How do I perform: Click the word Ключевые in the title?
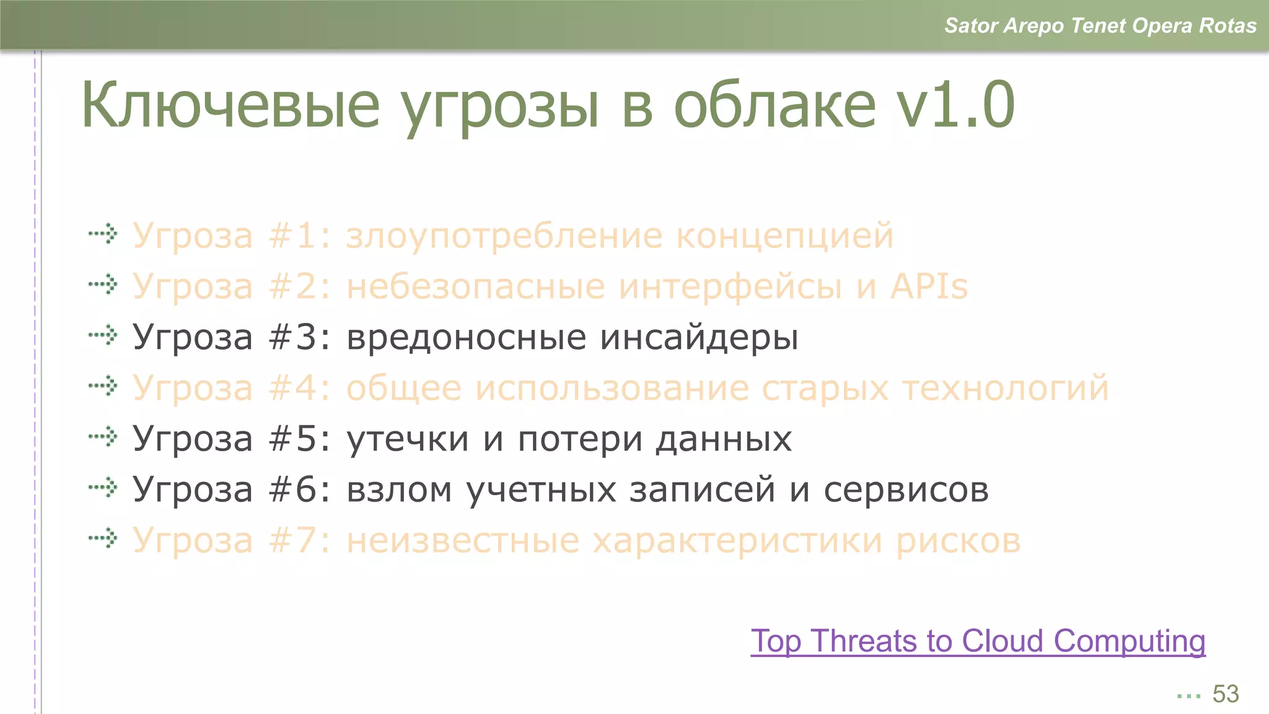pyautogui.click(x=230, y=105)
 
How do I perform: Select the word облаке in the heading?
pyautogui.click(x=775, y=105)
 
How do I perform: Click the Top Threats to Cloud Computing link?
pyautogui.click(x=978, y=641)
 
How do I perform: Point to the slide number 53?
pyautogui.click(x=1225, y=694)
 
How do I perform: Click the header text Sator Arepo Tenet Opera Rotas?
pyautogui.click(x=1100, y=25)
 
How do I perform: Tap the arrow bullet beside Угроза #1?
pyautogui.click(x=103, y=234)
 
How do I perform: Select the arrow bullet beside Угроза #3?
pyautogui.click(x=103, y=336)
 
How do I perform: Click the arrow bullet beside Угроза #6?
pyautogui.click(x=103, y=488)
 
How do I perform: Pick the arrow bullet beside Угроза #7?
pyautogui.click(x=103, y=539)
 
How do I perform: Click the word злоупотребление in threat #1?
pyautogui.click(x=503, y=236)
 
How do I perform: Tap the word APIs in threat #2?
pyautogui.click(x=929, y=286)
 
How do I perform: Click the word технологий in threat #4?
pyautogui.click(x=1005, y=389)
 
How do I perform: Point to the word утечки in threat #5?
pyautogui.click(x=407, y=439)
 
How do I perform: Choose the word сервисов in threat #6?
pyautogui.click(x=906, y=490)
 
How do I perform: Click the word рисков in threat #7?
pyautogui.click(x=958, y=541)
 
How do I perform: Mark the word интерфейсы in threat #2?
pyautogui.click(x=731, y=287)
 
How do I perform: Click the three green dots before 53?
pyautogui.click(x=1188, y=696)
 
